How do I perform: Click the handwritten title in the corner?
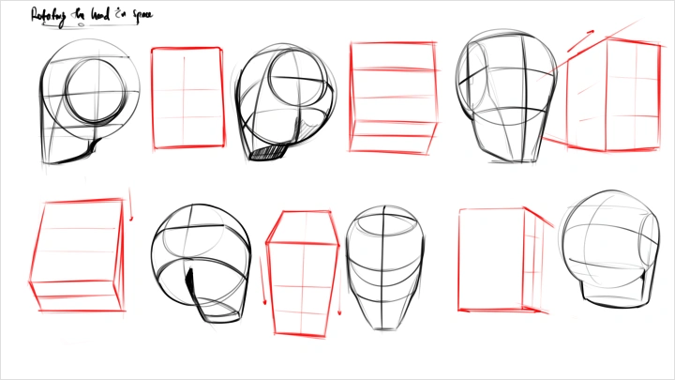[x=92, y=15]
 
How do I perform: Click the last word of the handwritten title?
[x=142, y=16]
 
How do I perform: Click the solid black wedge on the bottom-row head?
[x=191, y=282]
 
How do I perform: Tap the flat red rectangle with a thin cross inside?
[x=188, y=98]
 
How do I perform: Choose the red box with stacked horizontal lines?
[x=393, y=96]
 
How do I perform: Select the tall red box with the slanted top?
[x=302, y=274]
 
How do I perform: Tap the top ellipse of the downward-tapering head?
[x=383, y=221]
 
